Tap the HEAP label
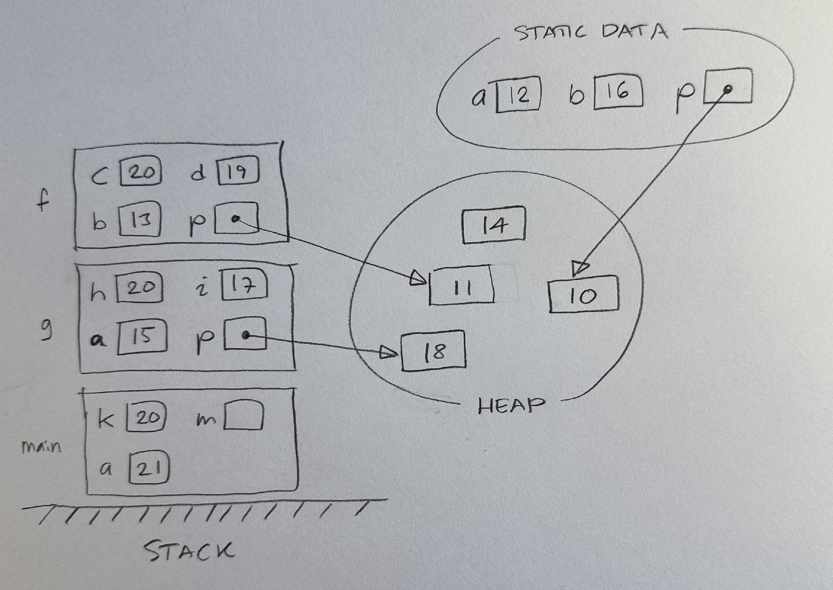511,406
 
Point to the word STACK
188,551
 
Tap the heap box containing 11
461,286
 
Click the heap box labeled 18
434,351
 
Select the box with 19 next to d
238,171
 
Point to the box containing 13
140,220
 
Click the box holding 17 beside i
244,285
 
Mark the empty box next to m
244,416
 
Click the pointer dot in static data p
727,88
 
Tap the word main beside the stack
41,447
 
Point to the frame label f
43,202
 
